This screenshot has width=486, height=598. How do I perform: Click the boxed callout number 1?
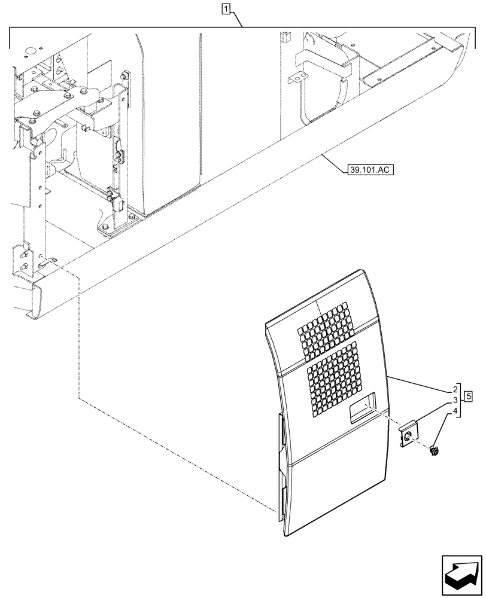(225, 8)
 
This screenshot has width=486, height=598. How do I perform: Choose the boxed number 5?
(468, 395)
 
